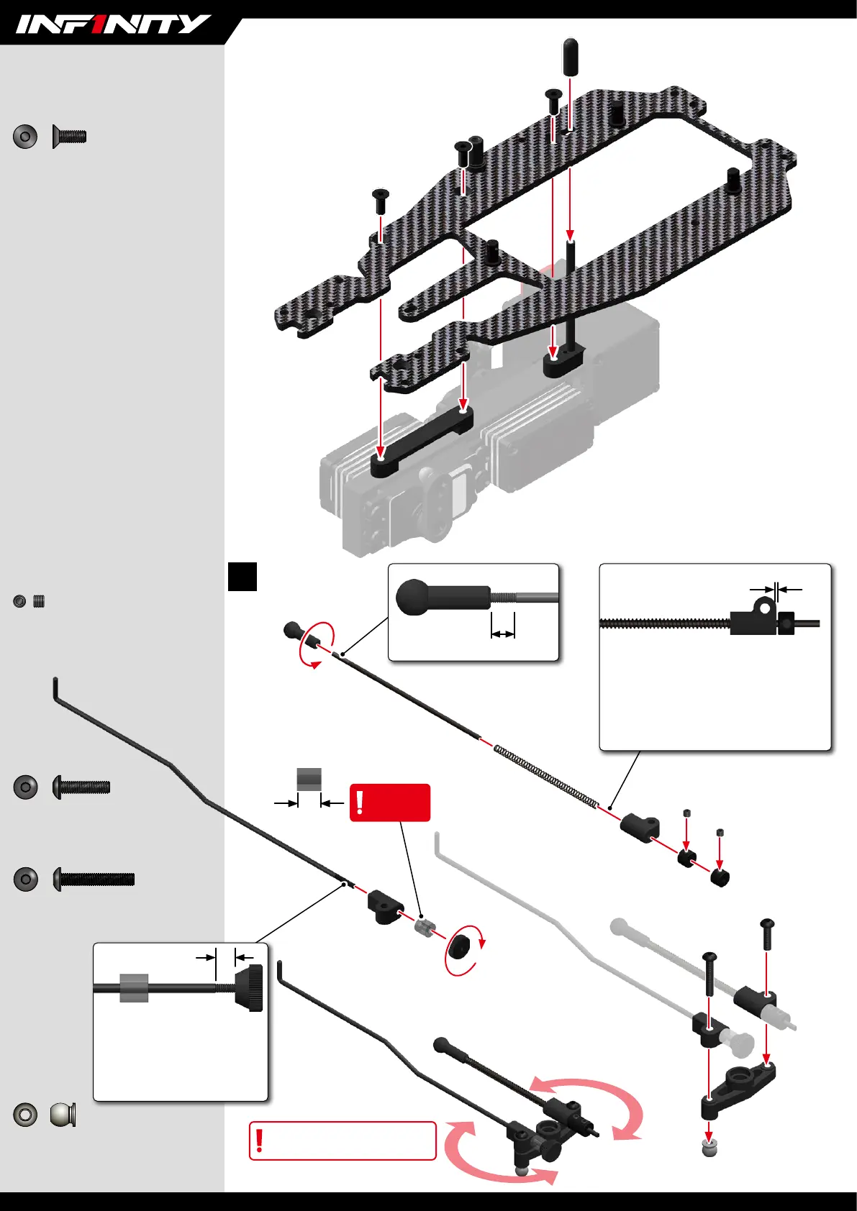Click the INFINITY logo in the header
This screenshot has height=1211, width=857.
pos(113,24)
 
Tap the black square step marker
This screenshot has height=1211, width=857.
pos(242,576)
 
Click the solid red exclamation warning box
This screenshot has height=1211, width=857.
pos(389,803)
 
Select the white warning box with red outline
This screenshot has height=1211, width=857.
pos(343,1141)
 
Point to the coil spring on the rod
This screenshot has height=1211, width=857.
pos(546,777)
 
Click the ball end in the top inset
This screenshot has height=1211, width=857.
pos(412,597)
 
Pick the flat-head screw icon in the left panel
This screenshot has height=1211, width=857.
pos(70,136)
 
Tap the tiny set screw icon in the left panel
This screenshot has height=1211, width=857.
pos(39,601)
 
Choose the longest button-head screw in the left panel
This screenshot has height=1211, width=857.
pos(94,879)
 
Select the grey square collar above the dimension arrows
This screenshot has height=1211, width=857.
pos(309,779)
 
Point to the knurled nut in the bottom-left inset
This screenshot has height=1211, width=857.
pos(249,989)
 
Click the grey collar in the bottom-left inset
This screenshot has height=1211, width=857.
pos(134,988)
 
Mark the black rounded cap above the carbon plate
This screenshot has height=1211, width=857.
pos(570,55)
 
